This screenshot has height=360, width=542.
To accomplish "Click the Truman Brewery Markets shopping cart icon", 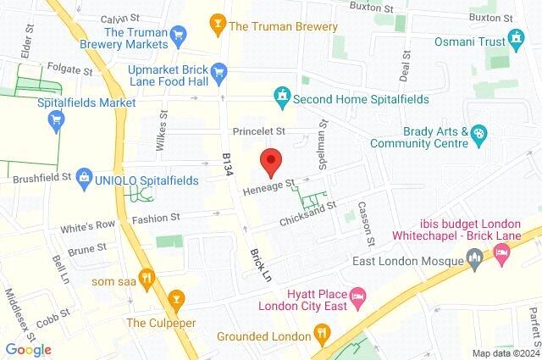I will click(x=178, y=35).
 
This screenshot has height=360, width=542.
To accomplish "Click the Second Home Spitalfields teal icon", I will click(x=281, y=98).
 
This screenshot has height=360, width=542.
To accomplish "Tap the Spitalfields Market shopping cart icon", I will click(x=57, y=119).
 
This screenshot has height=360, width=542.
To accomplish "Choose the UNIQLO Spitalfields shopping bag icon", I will click(x=84, y=177).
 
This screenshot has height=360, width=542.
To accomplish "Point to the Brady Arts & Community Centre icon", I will click(x=479, y=134).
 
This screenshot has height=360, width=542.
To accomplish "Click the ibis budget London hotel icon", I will click(x=502, y=251).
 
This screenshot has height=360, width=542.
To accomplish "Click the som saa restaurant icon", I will click(x=147, y=276).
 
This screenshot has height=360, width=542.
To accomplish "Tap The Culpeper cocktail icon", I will click(x=177, y=298).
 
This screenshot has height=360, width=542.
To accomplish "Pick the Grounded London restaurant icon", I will click(x=321, y=332).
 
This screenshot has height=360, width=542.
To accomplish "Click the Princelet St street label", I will click(x=260, y=132).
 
